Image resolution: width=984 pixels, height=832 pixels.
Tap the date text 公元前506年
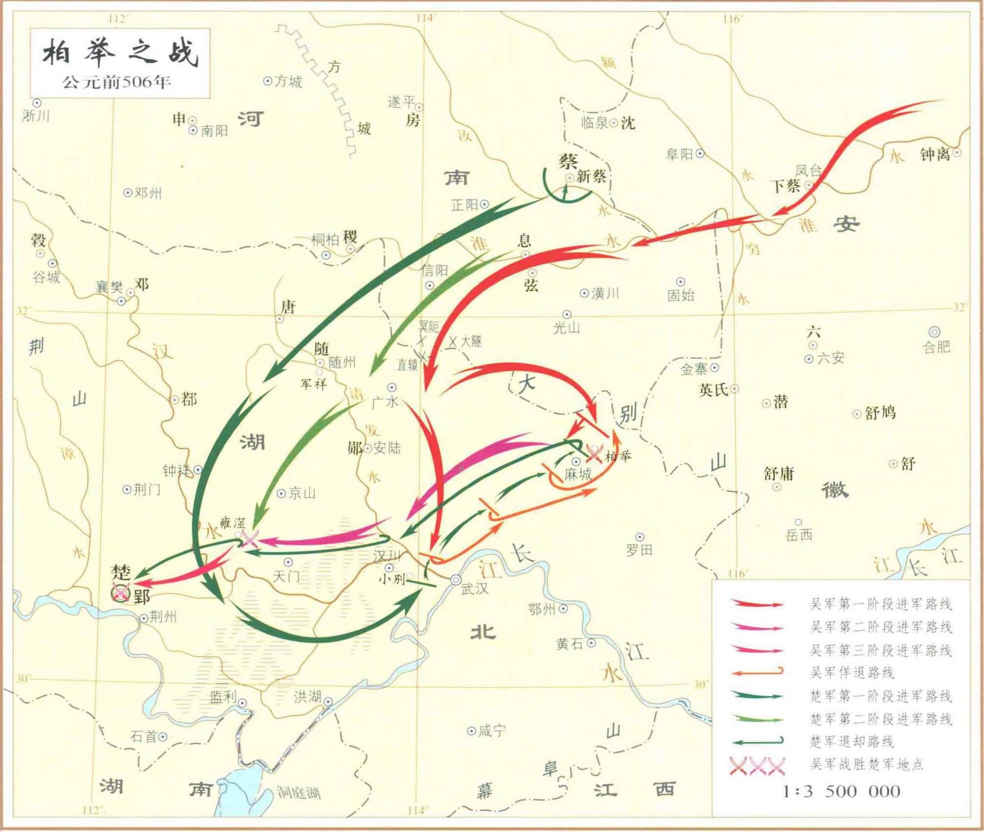(117, 82)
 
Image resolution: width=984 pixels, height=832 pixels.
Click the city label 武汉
(474, 589)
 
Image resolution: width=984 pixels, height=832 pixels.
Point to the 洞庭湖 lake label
(299, 792)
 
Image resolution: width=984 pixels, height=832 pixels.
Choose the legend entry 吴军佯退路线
(852, 673)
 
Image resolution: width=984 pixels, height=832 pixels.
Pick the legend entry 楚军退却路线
(852, 742)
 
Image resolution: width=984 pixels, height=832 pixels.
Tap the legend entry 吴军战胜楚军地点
(867, 764)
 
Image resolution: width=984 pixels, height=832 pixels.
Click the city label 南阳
(214, 131)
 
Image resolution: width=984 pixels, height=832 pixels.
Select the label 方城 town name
(288, 81)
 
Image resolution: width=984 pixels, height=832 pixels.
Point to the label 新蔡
(591, 176)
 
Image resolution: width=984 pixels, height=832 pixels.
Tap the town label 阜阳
(679, 154)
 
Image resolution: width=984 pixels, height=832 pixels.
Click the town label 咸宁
(492, 731)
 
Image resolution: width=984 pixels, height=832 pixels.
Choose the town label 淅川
(36, 116)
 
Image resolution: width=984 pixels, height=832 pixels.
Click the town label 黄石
(570, 644)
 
